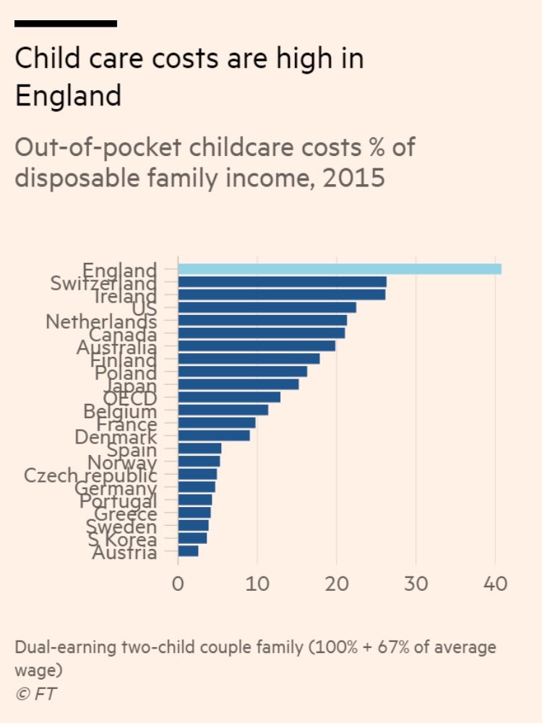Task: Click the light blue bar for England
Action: pos(339,269)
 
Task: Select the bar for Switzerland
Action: pos(282,282)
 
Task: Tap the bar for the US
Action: pos(267,308)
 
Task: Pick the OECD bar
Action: pos(229,397)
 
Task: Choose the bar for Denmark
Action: pos(214,436)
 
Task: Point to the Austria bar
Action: pos(188,551)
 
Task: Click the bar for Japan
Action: pos(238,384)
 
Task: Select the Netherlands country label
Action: pos(101,321)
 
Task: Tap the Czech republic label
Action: pos(90,475)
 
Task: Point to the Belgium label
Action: pos(120,411)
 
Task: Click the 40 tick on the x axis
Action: pos(495,583)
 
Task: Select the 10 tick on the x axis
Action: pos(257,583)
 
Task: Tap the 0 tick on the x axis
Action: pos(178,583)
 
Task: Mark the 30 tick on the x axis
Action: pos(416,583)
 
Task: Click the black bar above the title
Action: pos(66,24)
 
